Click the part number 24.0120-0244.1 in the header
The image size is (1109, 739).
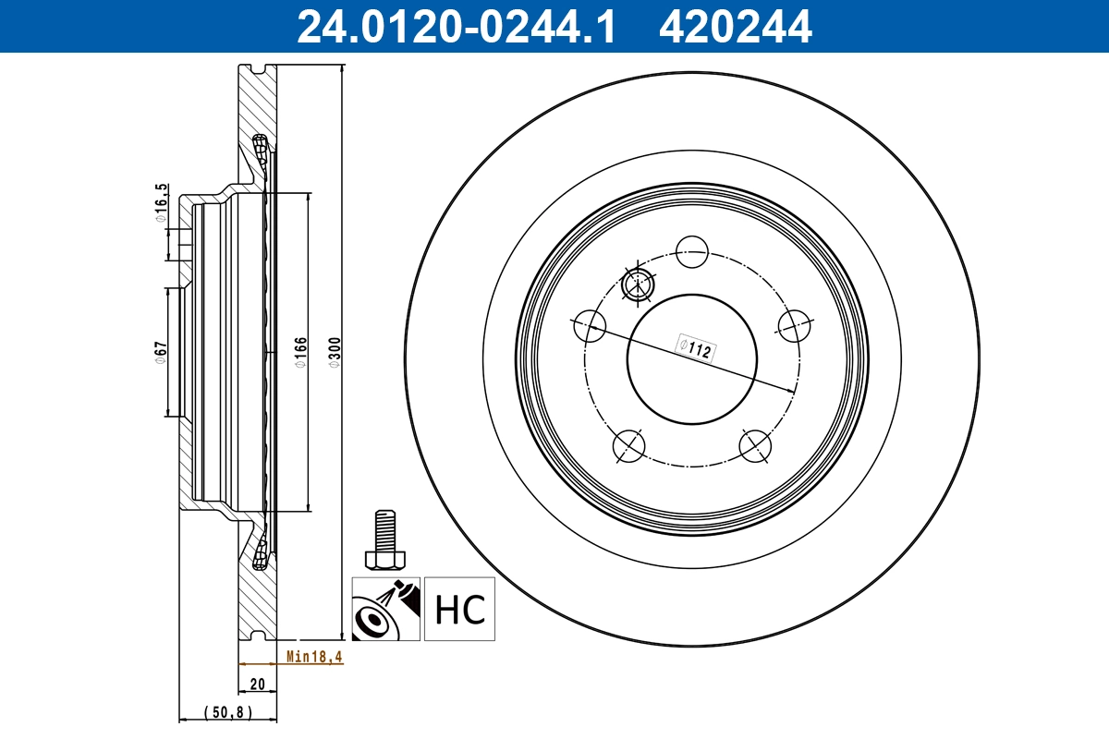[x=455, y=26]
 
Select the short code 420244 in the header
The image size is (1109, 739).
[x=735, y=26]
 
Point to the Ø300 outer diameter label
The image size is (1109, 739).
[x=335, y=351]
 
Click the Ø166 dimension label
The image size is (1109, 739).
[x=300, y=352]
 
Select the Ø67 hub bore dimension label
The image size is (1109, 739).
[x=160, y=353]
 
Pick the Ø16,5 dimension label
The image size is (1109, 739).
[x=161, y=204]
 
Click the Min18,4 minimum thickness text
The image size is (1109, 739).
[x=313, y=657]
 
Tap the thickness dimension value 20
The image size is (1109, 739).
[x=258, y=684]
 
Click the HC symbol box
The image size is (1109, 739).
[x=460, y=610]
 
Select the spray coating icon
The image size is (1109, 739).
[x=385, y=610]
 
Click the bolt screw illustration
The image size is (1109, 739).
[x=384, y=540]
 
